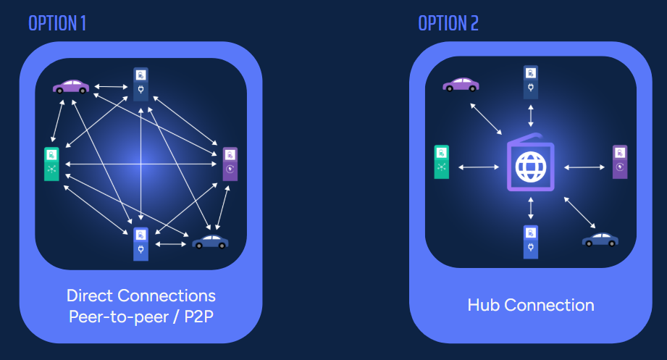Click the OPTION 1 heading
(x=57, y=23)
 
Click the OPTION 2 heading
(x=448, y=23)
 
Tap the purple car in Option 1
(x=71, y=87)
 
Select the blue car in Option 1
(x=211, y=242)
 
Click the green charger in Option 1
(x=51, y=164)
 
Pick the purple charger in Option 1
(x=230, y=164)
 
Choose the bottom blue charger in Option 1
(x=140, y=243)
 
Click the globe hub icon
(x=530, y=167)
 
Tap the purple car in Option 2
(x=461, y=85)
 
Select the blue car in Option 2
(x=600, y=239)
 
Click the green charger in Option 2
(x=441, y=162)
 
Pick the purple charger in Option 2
(x=620, y=162)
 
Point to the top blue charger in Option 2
(x=532, y=81)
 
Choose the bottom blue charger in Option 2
(x=532, y=241)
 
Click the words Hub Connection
(x=531, y=305)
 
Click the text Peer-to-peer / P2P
(x=141, y=317)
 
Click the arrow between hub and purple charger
(x=584, y=167)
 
